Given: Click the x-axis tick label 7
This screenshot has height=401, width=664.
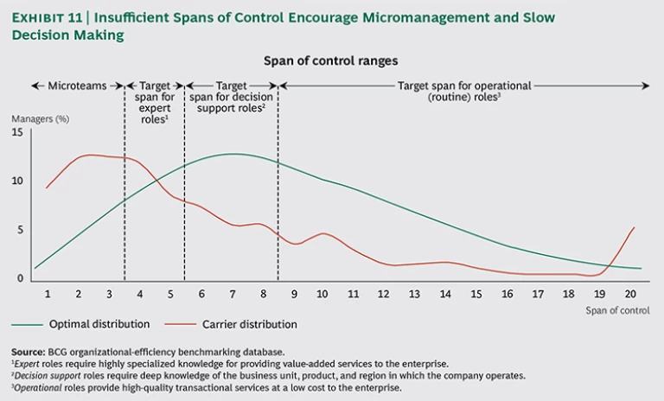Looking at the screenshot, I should point(232,294).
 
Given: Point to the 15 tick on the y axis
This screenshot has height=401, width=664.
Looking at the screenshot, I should point(16,132).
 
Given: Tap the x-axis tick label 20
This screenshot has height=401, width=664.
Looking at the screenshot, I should point(630,294).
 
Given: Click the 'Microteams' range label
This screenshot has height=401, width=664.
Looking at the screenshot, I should point(77,86).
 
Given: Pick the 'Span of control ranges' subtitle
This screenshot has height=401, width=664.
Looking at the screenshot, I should point(332,61).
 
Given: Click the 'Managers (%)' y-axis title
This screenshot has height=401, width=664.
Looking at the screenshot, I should point(40,118).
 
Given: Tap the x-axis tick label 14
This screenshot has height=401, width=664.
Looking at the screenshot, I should point(445,294).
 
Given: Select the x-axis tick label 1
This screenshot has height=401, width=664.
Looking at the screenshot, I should point(48,294).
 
